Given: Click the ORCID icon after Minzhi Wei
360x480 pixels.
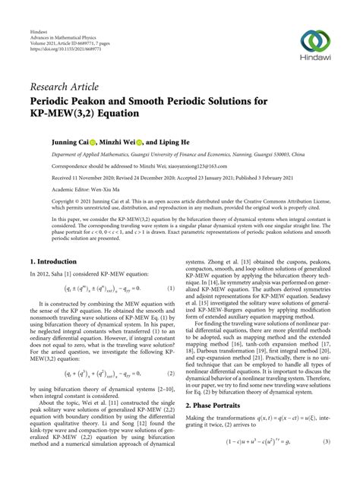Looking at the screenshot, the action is click(141, 141).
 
